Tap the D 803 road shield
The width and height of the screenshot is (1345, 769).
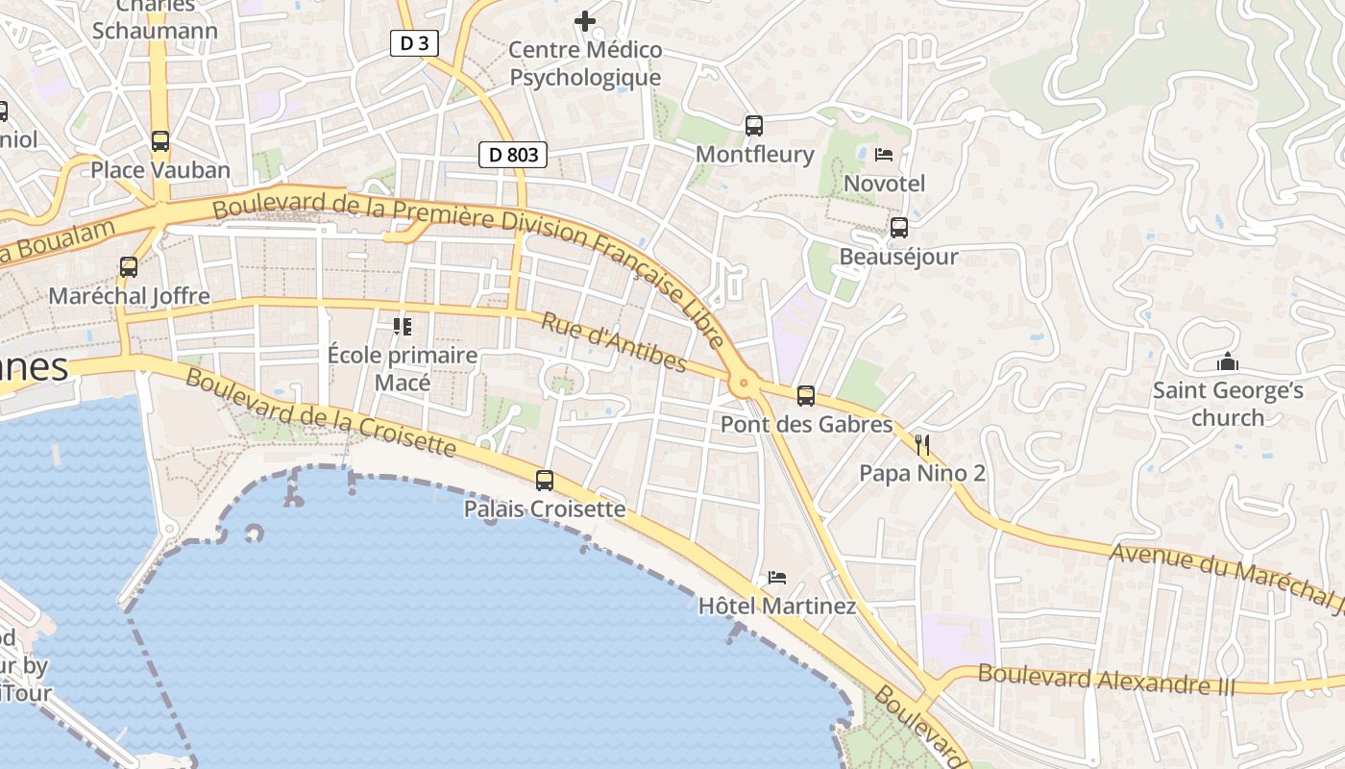513,154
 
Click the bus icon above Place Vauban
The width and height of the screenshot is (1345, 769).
160,141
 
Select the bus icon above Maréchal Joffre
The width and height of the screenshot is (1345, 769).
129,267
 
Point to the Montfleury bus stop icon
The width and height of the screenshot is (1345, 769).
754,125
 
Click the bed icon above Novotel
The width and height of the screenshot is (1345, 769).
884,154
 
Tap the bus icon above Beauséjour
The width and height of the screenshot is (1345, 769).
899,228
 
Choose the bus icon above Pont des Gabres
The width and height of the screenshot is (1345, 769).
806,395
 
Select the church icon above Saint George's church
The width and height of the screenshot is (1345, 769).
1227,361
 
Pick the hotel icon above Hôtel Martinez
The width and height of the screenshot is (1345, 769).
777,578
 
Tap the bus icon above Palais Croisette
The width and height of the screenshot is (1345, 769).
545,480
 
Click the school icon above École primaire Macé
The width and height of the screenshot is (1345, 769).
402,327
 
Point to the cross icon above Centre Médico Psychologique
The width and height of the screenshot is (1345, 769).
585,20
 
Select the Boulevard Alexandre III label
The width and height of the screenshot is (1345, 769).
1107,680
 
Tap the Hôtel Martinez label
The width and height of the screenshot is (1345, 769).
776,607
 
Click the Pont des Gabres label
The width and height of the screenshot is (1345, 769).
806,424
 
